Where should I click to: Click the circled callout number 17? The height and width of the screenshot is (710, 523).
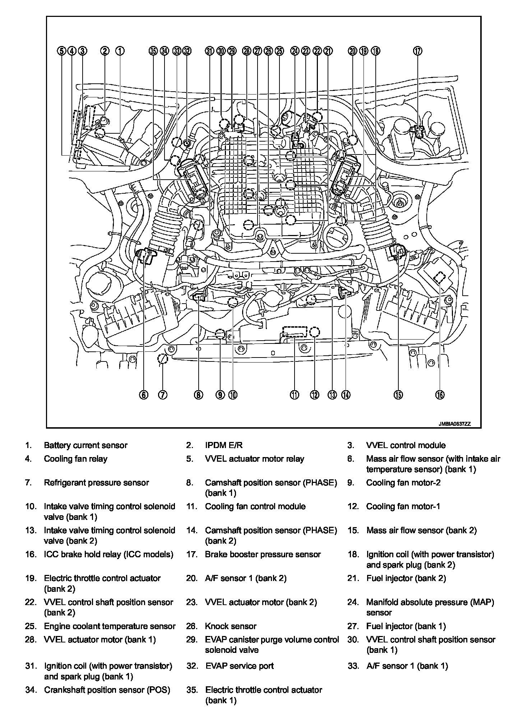pos(417,51)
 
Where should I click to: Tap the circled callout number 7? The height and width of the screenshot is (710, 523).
pos(162,395)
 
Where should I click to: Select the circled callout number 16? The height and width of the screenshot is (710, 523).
pos(440,395)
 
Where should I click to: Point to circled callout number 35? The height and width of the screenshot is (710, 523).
pos(153,51)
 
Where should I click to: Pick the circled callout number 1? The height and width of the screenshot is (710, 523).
pos(120,51)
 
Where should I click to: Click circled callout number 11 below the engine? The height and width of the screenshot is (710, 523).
pos(295,395)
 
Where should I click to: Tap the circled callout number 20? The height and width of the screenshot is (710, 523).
pos(352,51)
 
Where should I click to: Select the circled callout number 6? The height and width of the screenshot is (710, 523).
pos(143,395)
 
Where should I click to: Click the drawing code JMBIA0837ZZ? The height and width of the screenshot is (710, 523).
pos(454,424)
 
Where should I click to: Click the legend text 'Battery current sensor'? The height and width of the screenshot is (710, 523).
pos(85,446)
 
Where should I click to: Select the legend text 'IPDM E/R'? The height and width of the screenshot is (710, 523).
pos(223,446)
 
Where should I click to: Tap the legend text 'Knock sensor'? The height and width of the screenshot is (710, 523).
pos(231,626)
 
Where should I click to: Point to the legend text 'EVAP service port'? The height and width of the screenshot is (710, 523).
pos(239,666)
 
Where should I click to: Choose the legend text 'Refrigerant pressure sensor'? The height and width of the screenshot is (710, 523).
pos(96,483)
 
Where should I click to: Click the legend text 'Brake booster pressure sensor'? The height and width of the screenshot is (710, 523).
pos(263,554)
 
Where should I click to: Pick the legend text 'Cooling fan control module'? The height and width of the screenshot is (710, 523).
pos(255,507)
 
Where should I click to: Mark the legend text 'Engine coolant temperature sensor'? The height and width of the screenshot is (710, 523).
pos(110,626)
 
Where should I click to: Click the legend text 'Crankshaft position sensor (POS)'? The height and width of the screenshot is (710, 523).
pos(107,690)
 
